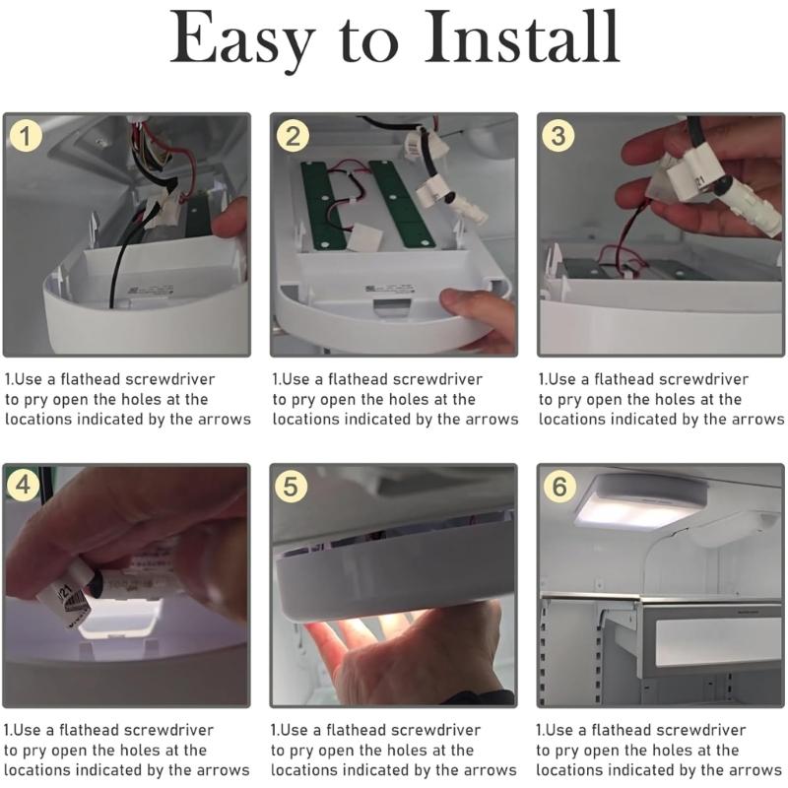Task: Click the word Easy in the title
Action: click(x=241, y=39)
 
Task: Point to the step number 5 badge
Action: click(x=293, y=488)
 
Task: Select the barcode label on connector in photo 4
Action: click(x=67, y=606)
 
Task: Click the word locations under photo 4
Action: click(x=40, y=770)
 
